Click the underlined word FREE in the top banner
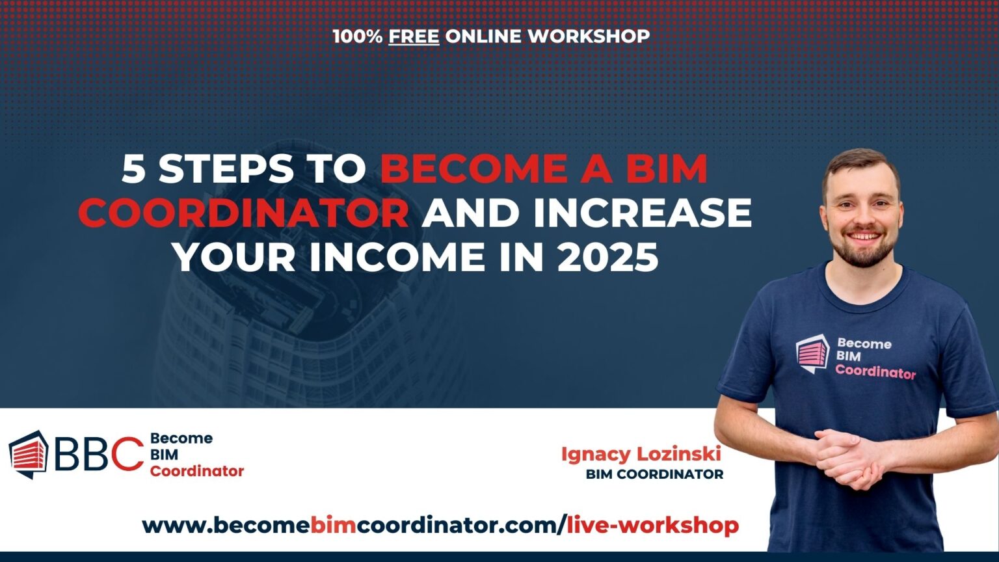point(414,36)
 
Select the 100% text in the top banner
point(358,36)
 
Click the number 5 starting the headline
point(134,169)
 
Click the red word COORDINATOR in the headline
point(244,213)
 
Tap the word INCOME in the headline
point(397,258)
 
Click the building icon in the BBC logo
point(29,453)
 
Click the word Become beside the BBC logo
point(181,438)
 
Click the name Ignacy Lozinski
point(641,454)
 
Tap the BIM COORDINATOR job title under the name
point(654,474)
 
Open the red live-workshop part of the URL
point(653,525)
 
